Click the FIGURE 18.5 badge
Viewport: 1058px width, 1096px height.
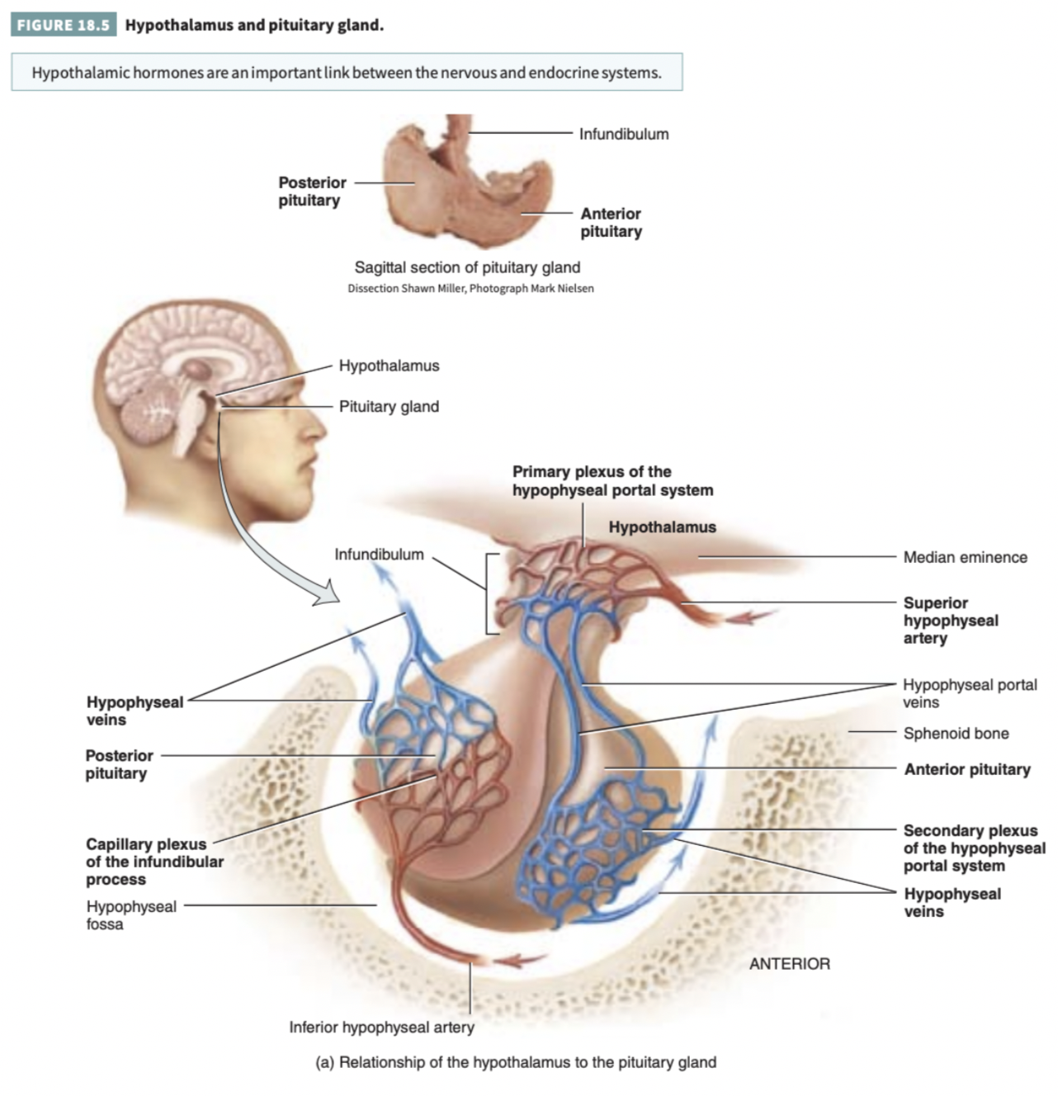point(63,25)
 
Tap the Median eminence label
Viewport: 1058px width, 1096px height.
point(965,557)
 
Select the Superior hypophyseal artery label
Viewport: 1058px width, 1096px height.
point(950,621)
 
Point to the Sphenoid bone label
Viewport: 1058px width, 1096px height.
point(956,733)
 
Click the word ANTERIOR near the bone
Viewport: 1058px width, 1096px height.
point(789,963)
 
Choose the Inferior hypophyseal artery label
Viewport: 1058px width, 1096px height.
point(381,1027)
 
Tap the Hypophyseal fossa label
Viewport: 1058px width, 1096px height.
point(130,914)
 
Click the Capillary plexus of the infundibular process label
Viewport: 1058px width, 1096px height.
point(154,862)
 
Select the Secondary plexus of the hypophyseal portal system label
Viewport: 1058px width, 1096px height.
point(973,848)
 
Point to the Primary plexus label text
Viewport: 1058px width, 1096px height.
point(612,481)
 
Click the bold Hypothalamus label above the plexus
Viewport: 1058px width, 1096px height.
point(662,527)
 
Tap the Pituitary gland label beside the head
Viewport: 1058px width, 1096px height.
point(389,406)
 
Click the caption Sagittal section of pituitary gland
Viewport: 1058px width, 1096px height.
point(467,267)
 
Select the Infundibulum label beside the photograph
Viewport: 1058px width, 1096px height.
point(623,134)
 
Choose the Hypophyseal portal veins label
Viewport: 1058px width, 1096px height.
point(969,693)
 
